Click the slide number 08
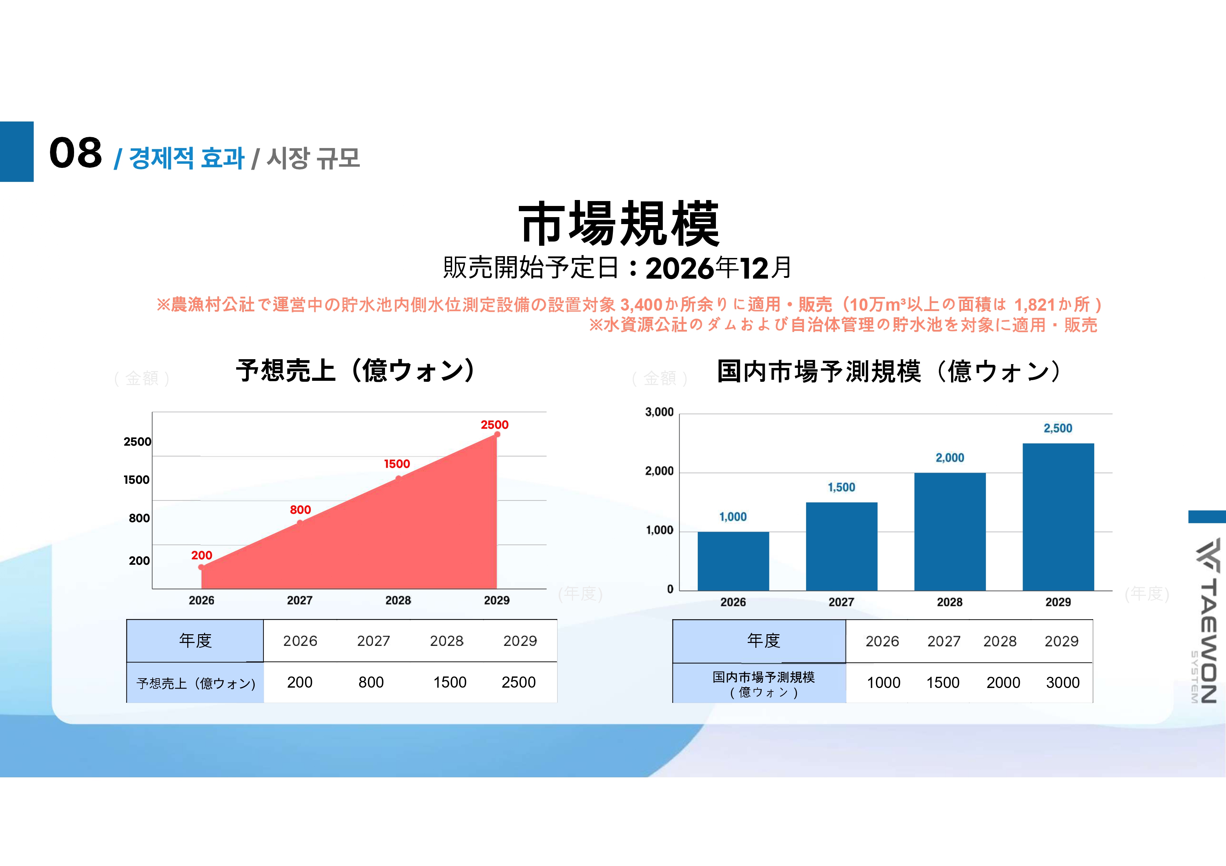coord(75,153)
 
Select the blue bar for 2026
coord(733,561)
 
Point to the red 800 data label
coord(300,510)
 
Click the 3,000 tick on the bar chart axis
coord(659,413)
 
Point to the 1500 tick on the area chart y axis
coord(137,480)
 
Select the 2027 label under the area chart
coord(299,600)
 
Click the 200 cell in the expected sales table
coord(299,682)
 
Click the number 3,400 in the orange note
coord(641,305)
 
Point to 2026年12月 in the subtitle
coord(719,268)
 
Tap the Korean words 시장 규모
coord(313,158)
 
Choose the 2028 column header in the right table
coord(1000,641)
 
